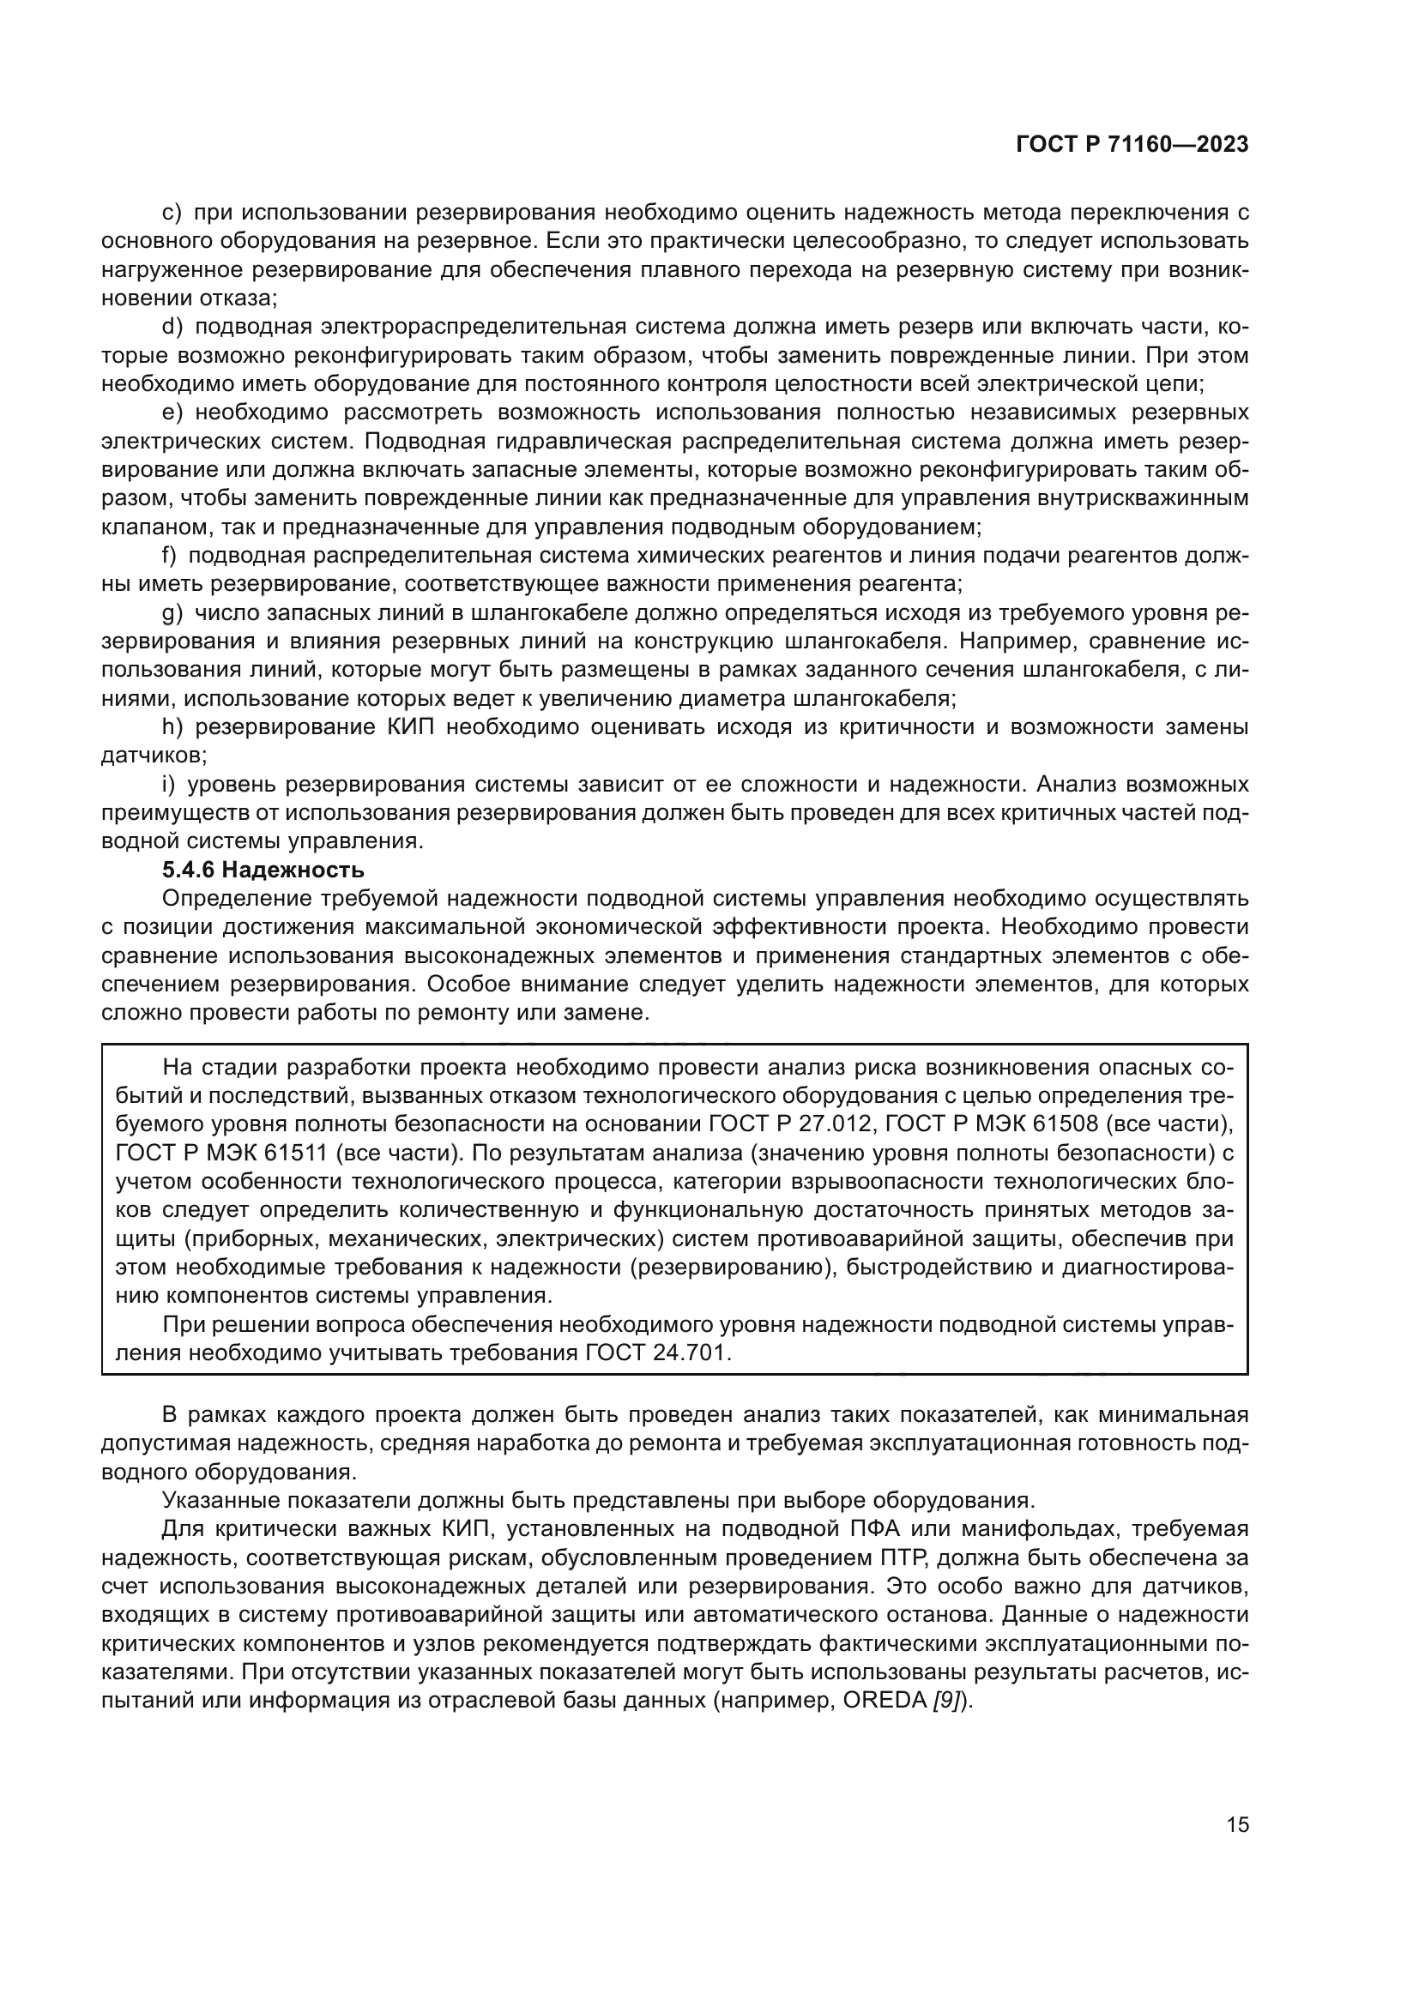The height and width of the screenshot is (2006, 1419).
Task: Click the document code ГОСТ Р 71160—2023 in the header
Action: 1132,145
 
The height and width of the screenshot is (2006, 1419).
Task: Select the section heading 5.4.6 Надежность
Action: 263,870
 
